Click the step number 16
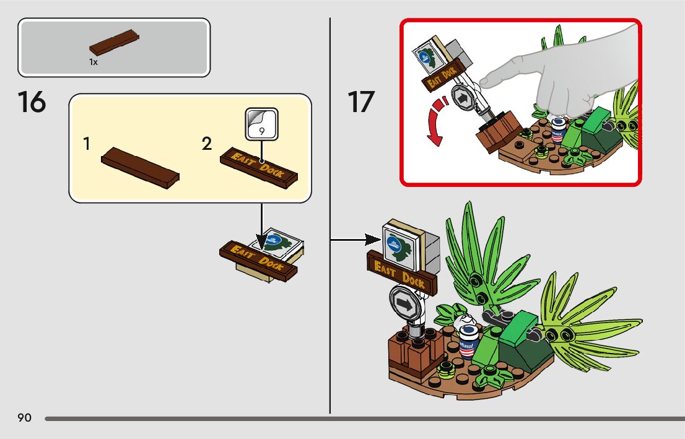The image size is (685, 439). click(x=32, y=102)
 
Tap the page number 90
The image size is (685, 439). click(x=25, y=418)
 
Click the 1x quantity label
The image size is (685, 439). click(x=94, y=63)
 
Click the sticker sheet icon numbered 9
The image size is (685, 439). click(x=261, y=124)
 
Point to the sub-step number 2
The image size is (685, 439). click(x=207, y=144)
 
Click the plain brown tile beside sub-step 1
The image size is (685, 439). click(x=140, y=168)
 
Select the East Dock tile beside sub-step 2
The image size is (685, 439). click(x=259, y=166)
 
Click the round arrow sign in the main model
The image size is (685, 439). click(x=404, y=304)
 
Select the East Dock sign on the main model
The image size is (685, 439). click(x=401, y=273)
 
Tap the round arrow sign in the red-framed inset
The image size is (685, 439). click(x=461, y=98)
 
